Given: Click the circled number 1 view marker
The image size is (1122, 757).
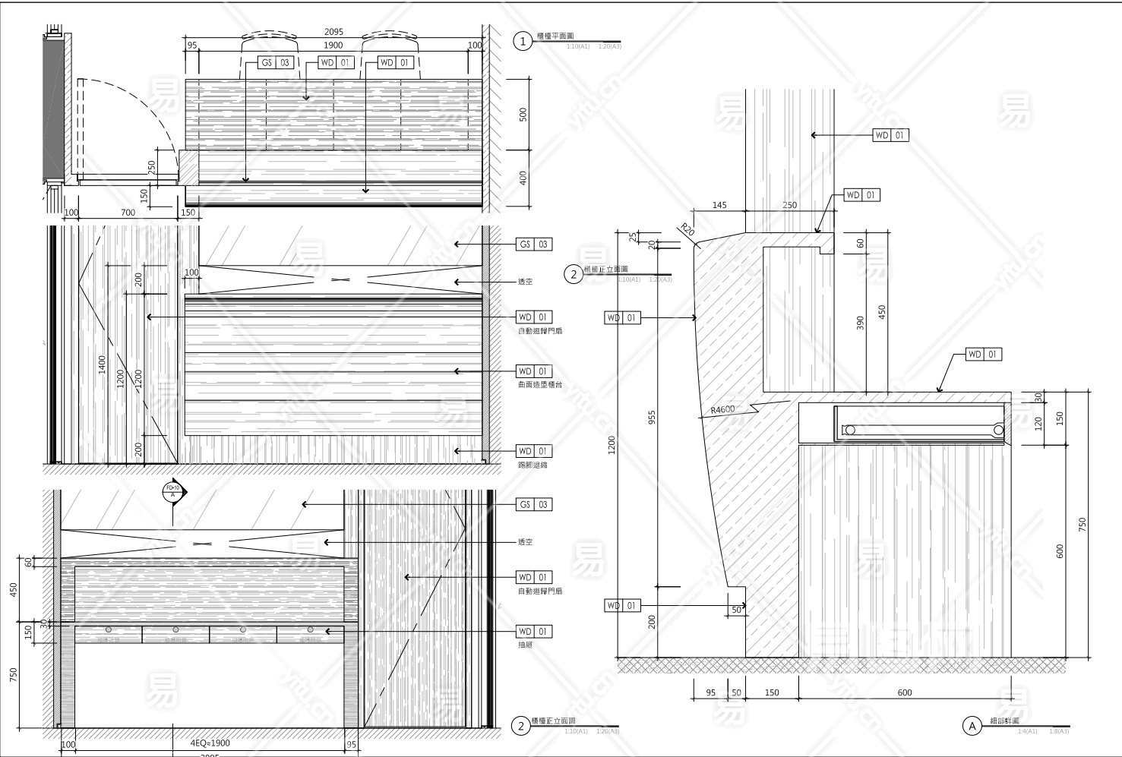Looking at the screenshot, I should (x=523, y=41).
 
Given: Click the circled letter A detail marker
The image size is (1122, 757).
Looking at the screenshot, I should (x=972, y=726).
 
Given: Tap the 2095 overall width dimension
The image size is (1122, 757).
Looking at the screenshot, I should (x=333, y=32).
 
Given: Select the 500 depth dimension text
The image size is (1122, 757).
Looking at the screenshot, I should (x=523, y=114).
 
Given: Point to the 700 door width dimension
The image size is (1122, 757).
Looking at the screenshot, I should (x=128, y=213).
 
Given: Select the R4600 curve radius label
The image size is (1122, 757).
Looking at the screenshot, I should (x=723, y=410).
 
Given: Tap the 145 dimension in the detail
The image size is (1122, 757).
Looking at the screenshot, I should (x=719, y=205).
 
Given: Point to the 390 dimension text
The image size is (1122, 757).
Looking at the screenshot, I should (x=861, y=323).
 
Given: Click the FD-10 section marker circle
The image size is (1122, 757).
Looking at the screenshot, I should (x=173, y=491).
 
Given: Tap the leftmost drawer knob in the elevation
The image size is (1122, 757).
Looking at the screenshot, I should (x=109, y=630).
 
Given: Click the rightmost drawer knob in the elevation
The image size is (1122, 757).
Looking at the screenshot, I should (x=310, y=630).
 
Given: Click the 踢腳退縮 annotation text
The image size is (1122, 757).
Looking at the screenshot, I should (x=532, y=465).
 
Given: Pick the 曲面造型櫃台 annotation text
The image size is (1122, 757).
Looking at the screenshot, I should (x=539, y=385).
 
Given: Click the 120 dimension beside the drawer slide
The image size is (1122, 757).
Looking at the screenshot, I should (x=1038, y=423).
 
